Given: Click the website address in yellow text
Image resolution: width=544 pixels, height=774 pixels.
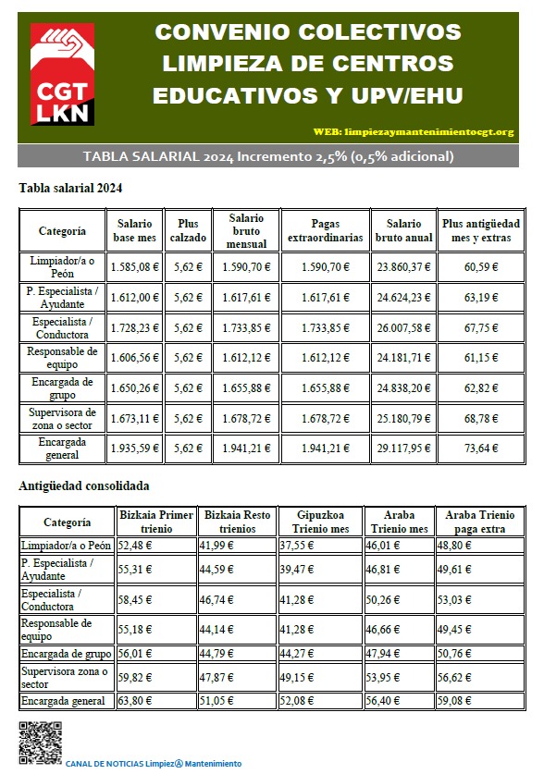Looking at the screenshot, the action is click(x=427, y=131).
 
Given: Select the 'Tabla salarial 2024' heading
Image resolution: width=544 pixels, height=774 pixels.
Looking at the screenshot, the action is click(x=70, y=188).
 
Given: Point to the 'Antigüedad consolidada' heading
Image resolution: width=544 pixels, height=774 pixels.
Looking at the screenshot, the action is click(x=84, y=485).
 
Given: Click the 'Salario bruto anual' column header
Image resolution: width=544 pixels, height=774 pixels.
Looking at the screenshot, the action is click(x=403, y=230).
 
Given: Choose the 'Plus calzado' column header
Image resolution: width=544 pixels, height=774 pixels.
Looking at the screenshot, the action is click(x=188, y=230).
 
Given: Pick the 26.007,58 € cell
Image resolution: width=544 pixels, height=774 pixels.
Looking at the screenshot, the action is click(x=403, y=327).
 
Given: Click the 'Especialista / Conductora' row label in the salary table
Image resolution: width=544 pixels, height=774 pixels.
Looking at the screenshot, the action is click(x=62, y=327).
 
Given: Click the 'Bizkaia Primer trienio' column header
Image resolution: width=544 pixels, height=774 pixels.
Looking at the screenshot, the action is click(x=156, y=522).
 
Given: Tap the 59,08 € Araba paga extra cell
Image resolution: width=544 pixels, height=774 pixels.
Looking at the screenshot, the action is click(x=462, y=701).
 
